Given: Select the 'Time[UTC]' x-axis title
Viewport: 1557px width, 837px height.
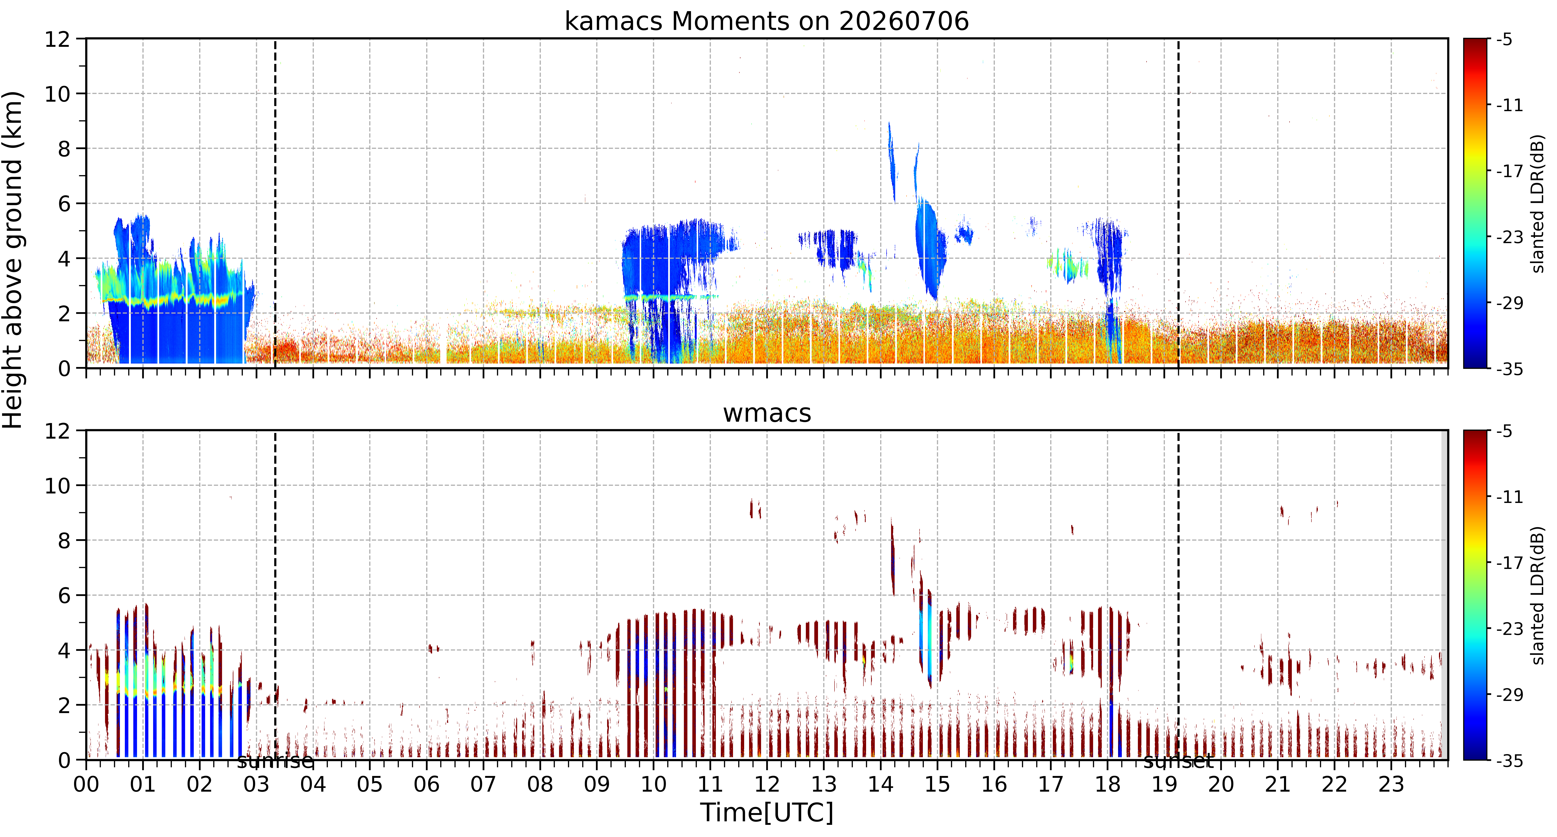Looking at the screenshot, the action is point(766,812).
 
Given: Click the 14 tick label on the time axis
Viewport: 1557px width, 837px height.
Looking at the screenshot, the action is point(880,784).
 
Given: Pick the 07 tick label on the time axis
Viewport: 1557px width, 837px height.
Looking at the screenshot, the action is point(483,784).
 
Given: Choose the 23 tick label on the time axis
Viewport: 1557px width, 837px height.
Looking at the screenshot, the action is point(1391,784).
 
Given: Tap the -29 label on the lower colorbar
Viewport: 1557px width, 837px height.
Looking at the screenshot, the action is point(1509,695).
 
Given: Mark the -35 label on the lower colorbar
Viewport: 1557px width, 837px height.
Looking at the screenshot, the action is point(1509,760).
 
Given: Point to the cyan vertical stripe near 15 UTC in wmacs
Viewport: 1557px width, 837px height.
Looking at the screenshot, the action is point(929,640).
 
